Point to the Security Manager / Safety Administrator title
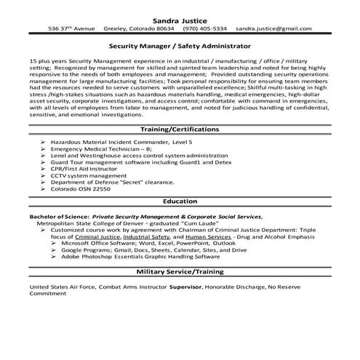[x=180, y=45]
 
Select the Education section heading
[x=180, y=201]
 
